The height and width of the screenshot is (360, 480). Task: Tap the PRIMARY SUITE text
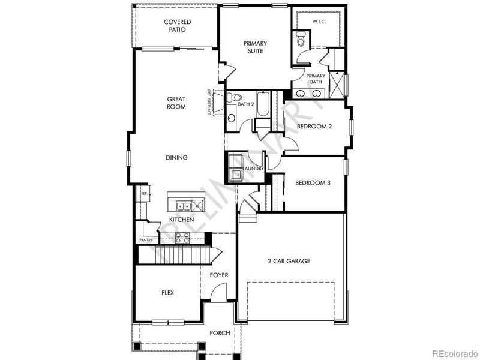255,47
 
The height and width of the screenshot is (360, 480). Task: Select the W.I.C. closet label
319,22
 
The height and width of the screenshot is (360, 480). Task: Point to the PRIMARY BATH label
316,79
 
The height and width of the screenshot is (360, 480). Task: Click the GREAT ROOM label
176,103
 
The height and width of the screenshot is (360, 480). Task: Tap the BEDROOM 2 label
314,127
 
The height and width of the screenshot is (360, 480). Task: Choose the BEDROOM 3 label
313,183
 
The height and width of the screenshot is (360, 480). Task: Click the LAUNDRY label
254,169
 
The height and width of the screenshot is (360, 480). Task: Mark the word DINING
177,158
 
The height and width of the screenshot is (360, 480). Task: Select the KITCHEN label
181,220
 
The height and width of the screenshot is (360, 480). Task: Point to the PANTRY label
146,240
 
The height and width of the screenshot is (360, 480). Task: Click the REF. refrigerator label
144,194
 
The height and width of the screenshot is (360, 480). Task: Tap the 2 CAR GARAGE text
289,261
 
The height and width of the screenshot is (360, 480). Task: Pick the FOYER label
218,275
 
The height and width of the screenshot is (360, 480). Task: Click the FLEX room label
167,293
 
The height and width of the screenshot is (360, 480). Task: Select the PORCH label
220,333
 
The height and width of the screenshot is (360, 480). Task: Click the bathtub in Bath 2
263,111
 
